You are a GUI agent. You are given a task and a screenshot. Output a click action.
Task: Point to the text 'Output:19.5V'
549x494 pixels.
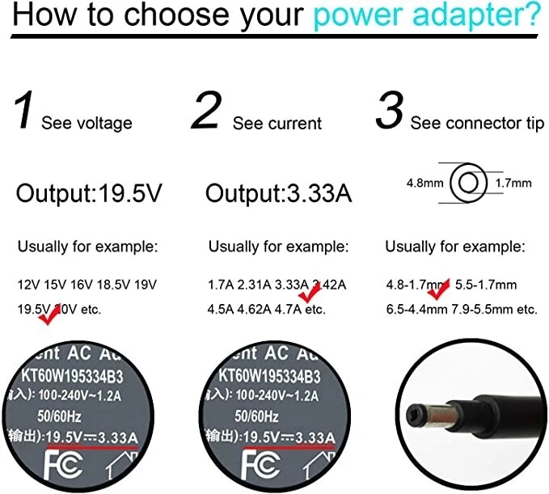89,193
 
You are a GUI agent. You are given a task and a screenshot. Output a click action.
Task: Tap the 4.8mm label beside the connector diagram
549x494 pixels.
424,184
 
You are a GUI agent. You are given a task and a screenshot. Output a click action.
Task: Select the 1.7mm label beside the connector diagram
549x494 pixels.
513,184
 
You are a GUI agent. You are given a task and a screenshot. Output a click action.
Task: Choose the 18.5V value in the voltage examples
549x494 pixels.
116,285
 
